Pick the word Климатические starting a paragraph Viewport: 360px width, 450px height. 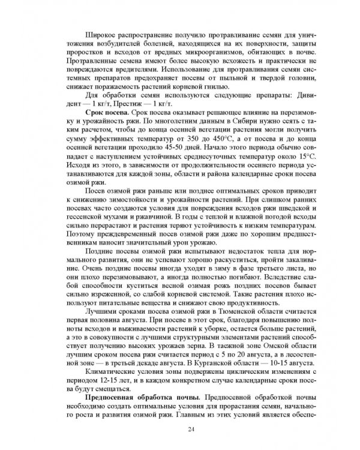pyautogui.click(x=116, y=372)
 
